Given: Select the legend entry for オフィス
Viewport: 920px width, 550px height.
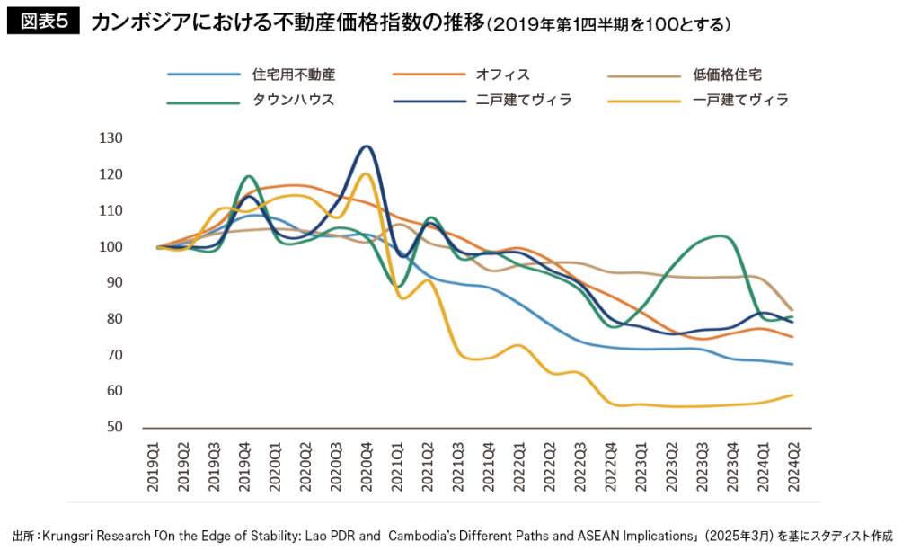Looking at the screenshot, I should tap(503, 75).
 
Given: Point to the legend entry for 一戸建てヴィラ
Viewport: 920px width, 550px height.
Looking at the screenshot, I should tap(741, 100).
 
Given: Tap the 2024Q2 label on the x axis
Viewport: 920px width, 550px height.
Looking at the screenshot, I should tap(792, 466).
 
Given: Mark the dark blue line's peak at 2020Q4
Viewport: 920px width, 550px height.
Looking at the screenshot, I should tap(367, 146).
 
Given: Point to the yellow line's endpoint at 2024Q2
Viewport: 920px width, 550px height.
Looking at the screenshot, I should tap(792, 395).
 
